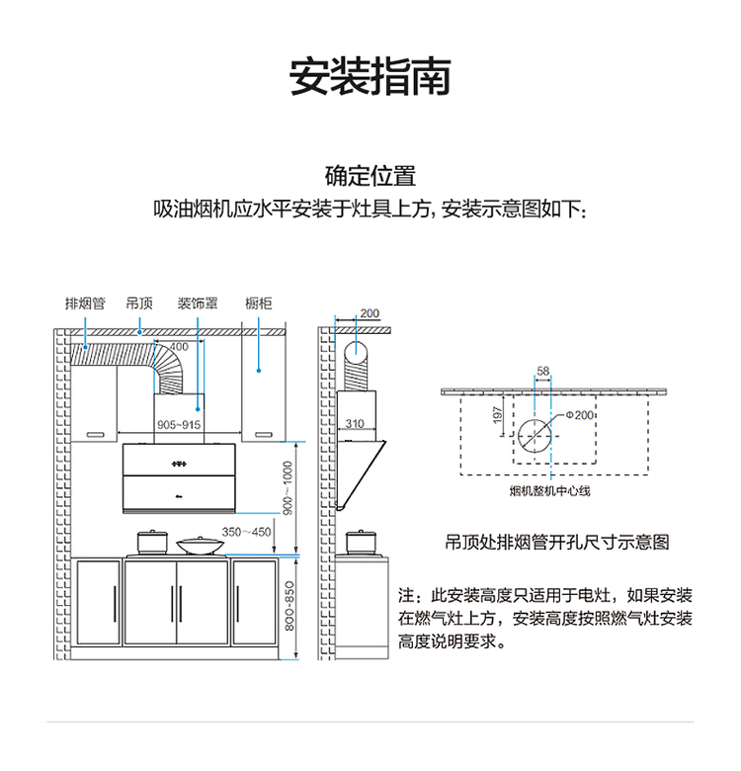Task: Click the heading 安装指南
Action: pyautogui.click(x=370, y=77)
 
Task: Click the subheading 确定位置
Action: pyautogui.click(x=370, y=177)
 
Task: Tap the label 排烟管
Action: pyautogui.click(x=85, y=303)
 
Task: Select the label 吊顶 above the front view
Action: pyautogui.click(x=139, y=303)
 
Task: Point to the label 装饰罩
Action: pyautogui.click(x=198, y=303)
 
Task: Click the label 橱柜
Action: pyautogui.click(x=259, y=303)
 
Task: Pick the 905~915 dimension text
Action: pyautogui.click(x=179, y=424)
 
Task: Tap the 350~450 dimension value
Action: pyautogui.click(x=246, y=532)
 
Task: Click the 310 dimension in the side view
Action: pyautogui.click(x=355, y=424)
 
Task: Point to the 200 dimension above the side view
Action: pyautogui.click(x=369, y=313)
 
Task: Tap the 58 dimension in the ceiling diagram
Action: pyautogui.click(x=542, y=372)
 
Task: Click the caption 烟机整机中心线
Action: pyautogui.click(x=549, y=490)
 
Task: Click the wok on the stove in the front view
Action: pyautogui.click(x=199, y=544)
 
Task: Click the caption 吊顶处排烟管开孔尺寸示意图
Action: pyautogui.click(x=557, y=543)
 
